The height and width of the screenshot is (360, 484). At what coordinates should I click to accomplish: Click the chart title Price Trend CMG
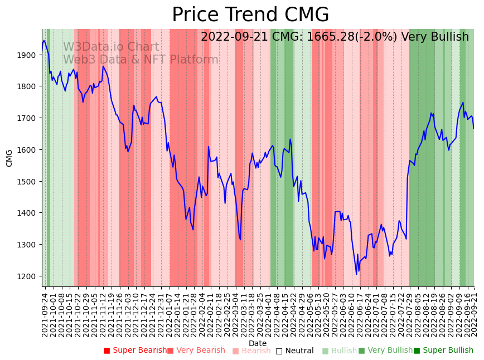point(250,15)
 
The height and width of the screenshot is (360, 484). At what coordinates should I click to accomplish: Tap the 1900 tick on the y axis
point(28,55)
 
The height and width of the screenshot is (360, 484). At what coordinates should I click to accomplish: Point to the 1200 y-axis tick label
point(28,276)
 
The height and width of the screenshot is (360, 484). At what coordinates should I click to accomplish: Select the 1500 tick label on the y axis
point(28,181)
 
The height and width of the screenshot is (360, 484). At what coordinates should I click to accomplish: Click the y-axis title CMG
point(9,158)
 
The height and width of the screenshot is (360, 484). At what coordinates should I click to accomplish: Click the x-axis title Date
point(258,343)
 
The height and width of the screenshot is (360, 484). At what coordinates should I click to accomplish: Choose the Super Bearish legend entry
point(135,351)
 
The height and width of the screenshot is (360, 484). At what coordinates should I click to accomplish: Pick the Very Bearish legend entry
point(196,351)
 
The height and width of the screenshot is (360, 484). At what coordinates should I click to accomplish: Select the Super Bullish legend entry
point(443,351)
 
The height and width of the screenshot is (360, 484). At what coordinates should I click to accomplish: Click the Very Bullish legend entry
point(385,351)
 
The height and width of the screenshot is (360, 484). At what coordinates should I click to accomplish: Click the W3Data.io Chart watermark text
point(110,47)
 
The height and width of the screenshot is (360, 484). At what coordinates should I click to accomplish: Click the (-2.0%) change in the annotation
point(376,37)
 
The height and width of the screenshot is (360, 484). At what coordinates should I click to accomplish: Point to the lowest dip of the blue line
point(356,274)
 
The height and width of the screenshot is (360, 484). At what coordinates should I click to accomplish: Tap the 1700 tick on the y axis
point(28,118)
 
